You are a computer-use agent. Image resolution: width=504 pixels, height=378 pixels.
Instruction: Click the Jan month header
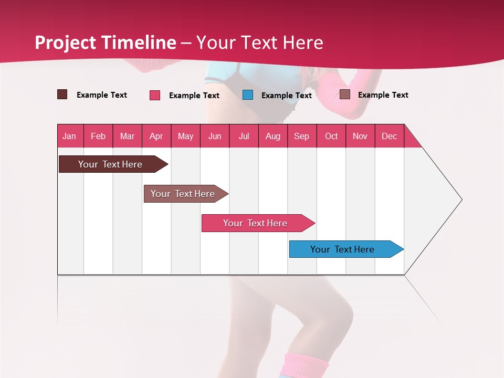pyautogui.click(x=70, y=136)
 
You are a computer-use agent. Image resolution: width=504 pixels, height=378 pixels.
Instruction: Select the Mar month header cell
pyautogui.click(x=127, y=136)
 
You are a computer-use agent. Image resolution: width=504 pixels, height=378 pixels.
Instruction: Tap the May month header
pyautogui.click(x=185, y=136)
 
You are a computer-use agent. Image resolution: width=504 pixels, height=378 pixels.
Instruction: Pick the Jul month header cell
pyautogui.click(x=244, y=136)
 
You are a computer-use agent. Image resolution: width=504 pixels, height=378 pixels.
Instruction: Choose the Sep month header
pyautogui.click(x=301, y=136)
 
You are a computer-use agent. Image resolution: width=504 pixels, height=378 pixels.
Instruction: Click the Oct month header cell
pyautogui.click(x=331, y=136)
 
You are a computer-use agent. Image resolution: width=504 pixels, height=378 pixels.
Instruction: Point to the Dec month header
pyautogui.click(x=389, y=136)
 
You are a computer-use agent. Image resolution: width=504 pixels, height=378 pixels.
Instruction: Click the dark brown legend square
pyautogui.click(x=62, y=94)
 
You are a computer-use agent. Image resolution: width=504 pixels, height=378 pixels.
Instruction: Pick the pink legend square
pyautogui.click(x=155, y=95)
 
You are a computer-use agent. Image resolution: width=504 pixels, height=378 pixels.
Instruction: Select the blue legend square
pyautogui.click(x=248, y=95)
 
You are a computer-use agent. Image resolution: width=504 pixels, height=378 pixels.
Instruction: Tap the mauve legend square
pyautogui.click(x=344, y=94)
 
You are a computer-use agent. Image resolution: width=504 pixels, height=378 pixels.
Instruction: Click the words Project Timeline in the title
pyautogui.click(x=105, y=43)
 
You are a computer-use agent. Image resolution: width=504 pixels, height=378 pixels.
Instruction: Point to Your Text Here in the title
pyautogui.click(x=260, y=43)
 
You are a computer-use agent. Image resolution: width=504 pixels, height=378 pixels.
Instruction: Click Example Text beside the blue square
pyautogui.click(x=286, y=96)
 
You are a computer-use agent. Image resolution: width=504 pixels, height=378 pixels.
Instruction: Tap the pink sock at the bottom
pyautogui.click(x=306, y=365)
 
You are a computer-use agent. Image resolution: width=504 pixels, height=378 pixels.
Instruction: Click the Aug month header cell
pyautogui.click(x=272, y=136)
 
